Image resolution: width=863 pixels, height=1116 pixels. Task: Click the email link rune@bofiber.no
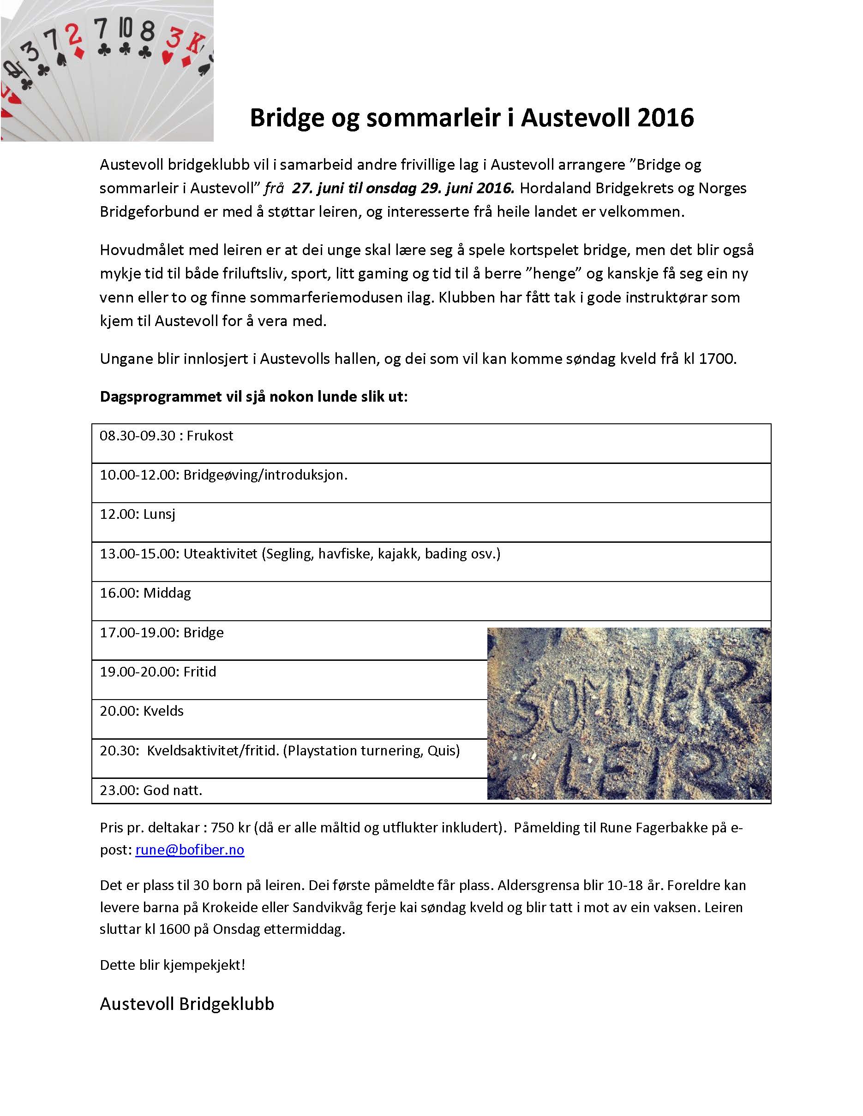pos(190,850)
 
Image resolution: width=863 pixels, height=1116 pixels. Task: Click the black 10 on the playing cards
pos(125,30)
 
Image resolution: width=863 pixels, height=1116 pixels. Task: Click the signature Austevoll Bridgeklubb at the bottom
pos(186,1004)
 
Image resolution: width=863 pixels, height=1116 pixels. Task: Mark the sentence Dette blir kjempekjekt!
pos(172,965)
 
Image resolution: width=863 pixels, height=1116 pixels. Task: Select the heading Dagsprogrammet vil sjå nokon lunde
pos(253,397)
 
